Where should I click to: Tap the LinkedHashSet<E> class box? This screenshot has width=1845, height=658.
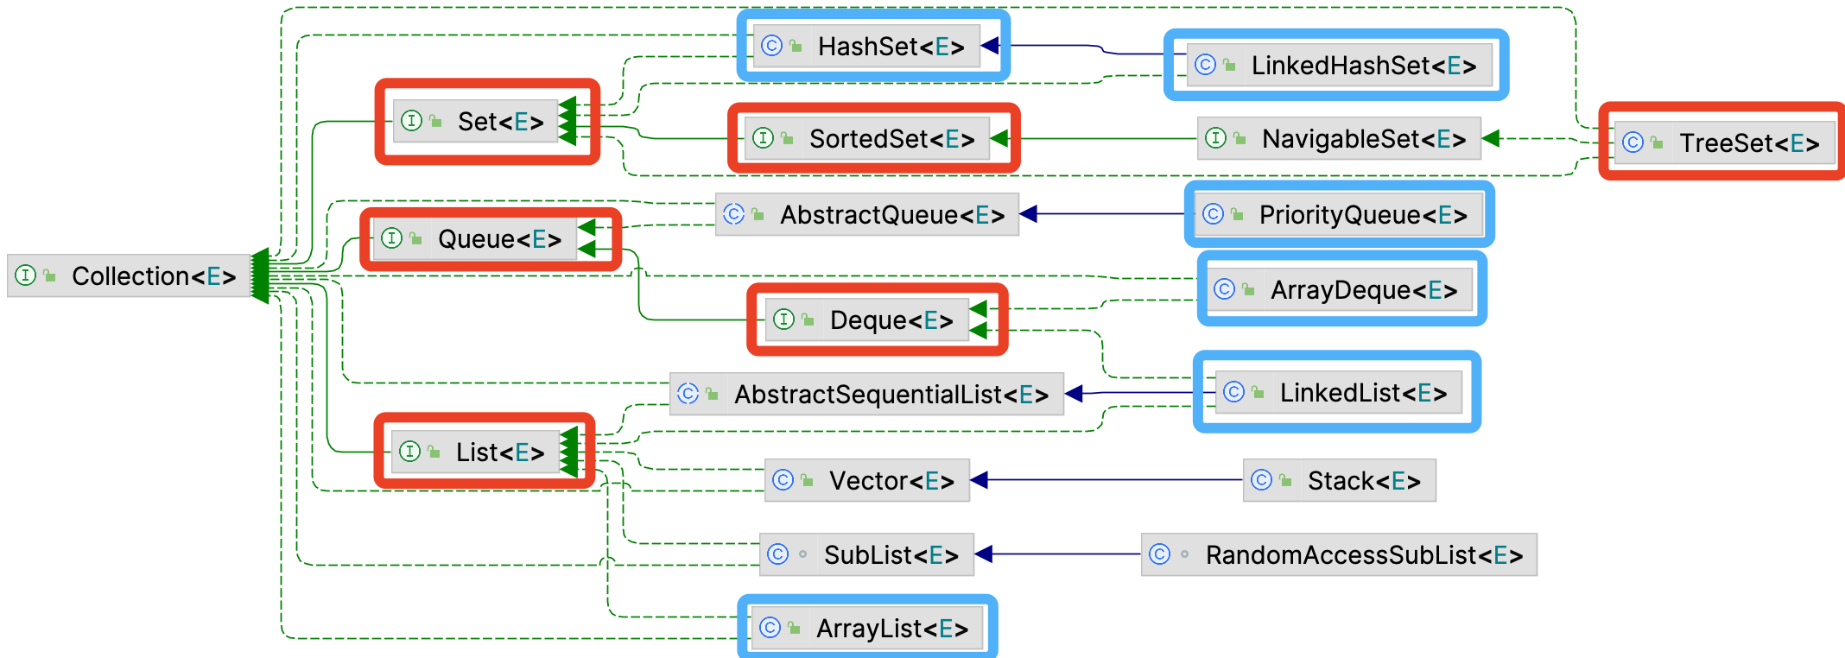coord(1340,66)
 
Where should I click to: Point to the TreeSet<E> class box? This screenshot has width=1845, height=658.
coord(1724,142)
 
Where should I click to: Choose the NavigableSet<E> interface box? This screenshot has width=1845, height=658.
coord(1339,138)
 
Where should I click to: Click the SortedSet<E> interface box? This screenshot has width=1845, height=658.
coord(867,138)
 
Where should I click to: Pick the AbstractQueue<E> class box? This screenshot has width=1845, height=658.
coord(867,214)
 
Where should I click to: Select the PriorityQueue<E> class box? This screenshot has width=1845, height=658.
coord(1340,214)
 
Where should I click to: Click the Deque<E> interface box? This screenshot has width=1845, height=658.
coord(867,320)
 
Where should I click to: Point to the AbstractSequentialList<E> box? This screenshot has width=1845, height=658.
coord(867,395)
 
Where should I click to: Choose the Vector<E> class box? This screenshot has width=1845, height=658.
coord(867,480)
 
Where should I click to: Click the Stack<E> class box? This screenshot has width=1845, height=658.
coord(1340,480)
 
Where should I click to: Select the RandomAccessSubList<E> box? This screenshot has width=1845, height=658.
coord(1339,554)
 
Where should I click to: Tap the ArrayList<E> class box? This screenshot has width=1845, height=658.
coord(867,629)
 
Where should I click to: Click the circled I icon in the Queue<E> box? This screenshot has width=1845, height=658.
coord(391,237)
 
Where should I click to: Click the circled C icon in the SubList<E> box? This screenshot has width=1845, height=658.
coord(778,554)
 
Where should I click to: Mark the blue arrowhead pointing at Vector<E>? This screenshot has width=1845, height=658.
coord(980,480)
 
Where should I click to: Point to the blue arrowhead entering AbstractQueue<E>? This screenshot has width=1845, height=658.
coord(1029,214)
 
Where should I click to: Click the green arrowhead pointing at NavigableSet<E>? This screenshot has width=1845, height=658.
coord(1491,138)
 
